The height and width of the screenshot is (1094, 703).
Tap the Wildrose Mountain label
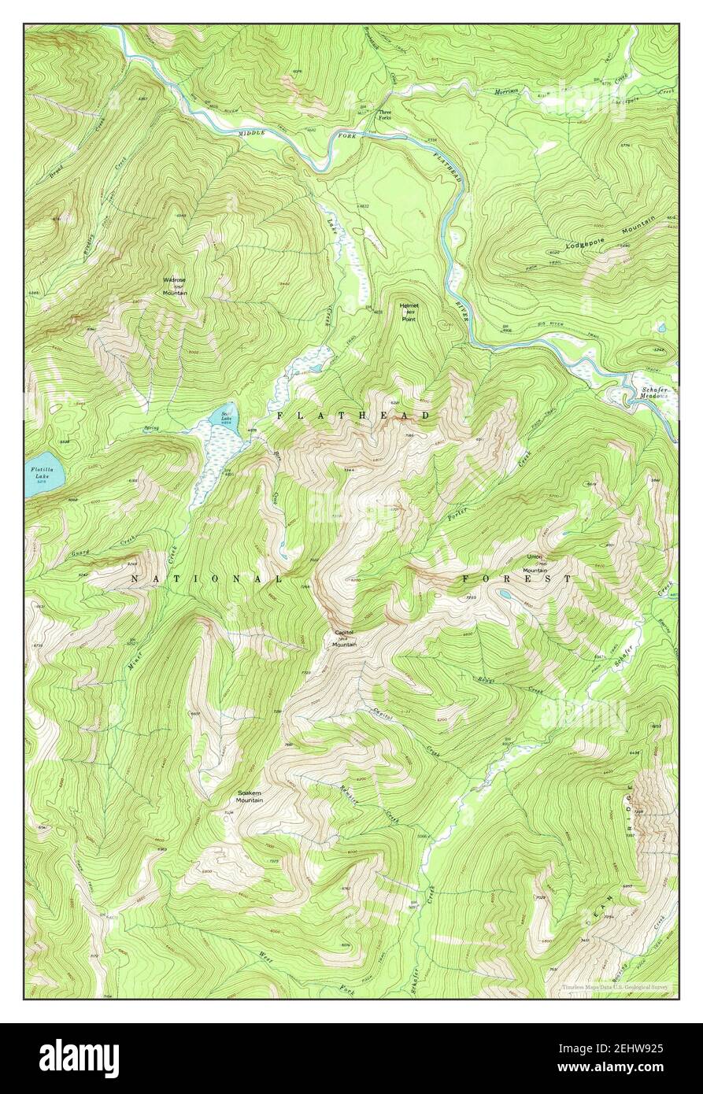[x=174, y=286]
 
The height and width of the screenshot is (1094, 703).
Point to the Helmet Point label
[x=409, y=312]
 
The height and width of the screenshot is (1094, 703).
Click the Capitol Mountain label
[x=344, y=638]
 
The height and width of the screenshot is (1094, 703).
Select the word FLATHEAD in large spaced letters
[x=353, y=415]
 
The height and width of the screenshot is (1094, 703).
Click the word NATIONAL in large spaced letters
[x=206, y=578]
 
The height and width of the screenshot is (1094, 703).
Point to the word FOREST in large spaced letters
[x=516, y=578]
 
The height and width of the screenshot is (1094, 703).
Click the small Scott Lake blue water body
[x=224, y=415]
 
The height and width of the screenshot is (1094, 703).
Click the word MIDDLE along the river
[x=253, y=134]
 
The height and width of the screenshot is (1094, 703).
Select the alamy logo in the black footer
[x=79, y=1058]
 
